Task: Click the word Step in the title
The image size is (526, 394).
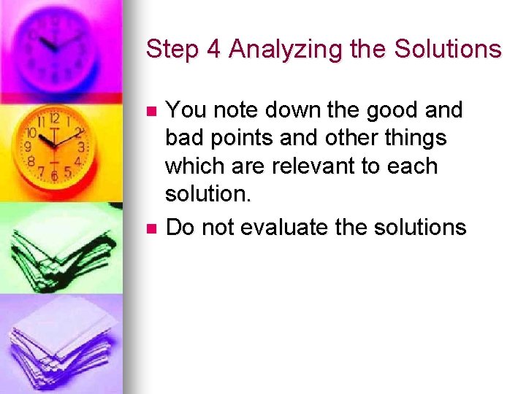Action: [169, 50]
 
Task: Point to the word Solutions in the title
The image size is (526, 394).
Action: [447, 50]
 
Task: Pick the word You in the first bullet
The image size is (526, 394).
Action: [183, 110]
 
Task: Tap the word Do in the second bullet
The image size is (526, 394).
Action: [180, 228]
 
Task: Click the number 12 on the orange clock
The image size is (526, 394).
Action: [54, 119]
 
